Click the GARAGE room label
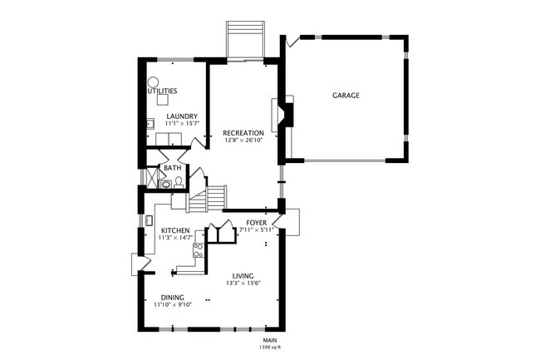pyautogui.click(x=346, y=96)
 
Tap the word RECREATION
pyautogui.click(x=243, y=133)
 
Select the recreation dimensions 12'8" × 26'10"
pyautogui.click(x=243, y=141)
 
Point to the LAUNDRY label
pyautogui.click(x=182, y=116)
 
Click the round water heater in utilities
pyautogui.click(x=154, y=81)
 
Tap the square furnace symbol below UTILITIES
pyautogui.click(x=162, y=100)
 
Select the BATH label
pyautogui.click(x=172, y=168)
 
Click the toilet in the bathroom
pyautogui.click(x=167, y=181)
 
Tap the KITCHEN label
pyautogui.click(x=174, y=230)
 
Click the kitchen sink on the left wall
pyautogui.click(x=148, y=220)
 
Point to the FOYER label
pyautogui.click(x=257, y=223)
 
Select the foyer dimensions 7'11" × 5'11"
pyautogui.click(x=257, y=230)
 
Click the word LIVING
pyautogui.click(x=243, y=276)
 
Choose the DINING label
pyautogui.click(x=173, y=297)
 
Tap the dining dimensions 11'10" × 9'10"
pyautogui.click(x=173, y=304)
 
